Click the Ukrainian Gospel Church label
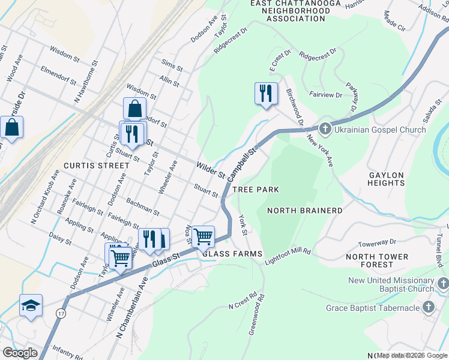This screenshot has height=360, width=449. tap(381, 129)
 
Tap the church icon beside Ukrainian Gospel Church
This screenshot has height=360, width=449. tap(325, 128)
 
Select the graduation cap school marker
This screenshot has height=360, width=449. tap(31, 305)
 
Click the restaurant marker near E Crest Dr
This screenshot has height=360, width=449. tap(265, 94)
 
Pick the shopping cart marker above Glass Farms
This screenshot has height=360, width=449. tap(203, 237)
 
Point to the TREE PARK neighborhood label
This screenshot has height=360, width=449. tap(256, 190)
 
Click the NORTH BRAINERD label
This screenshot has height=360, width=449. tap(304, 211)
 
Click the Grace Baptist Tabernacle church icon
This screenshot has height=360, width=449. tap(429, 308)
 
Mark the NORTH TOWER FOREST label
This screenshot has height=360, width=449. tap(377, 261)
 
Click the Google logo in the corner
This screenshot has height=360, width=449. tap(20, 353)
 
